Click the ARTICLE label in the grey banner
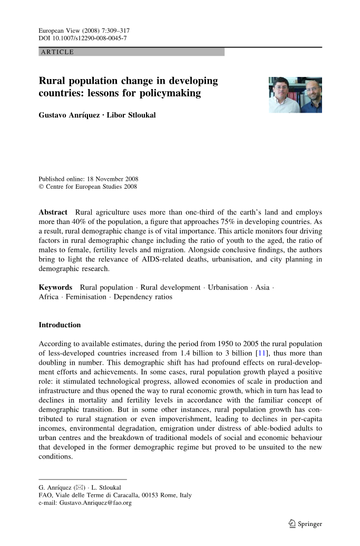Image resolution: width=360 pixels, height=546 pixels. (57, 52)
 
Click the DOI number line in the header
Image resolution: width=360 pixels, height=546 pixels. (83, 38)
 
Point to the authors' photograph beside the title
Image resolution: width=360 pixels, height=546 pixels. (295, 95)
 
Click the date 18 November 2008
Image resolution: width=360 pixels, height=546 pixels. (113, 179)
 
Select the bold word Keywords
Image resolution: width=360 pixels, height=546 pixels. (55, 287)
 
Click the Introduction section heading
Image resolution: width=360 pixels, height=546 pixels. (60, 325)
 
